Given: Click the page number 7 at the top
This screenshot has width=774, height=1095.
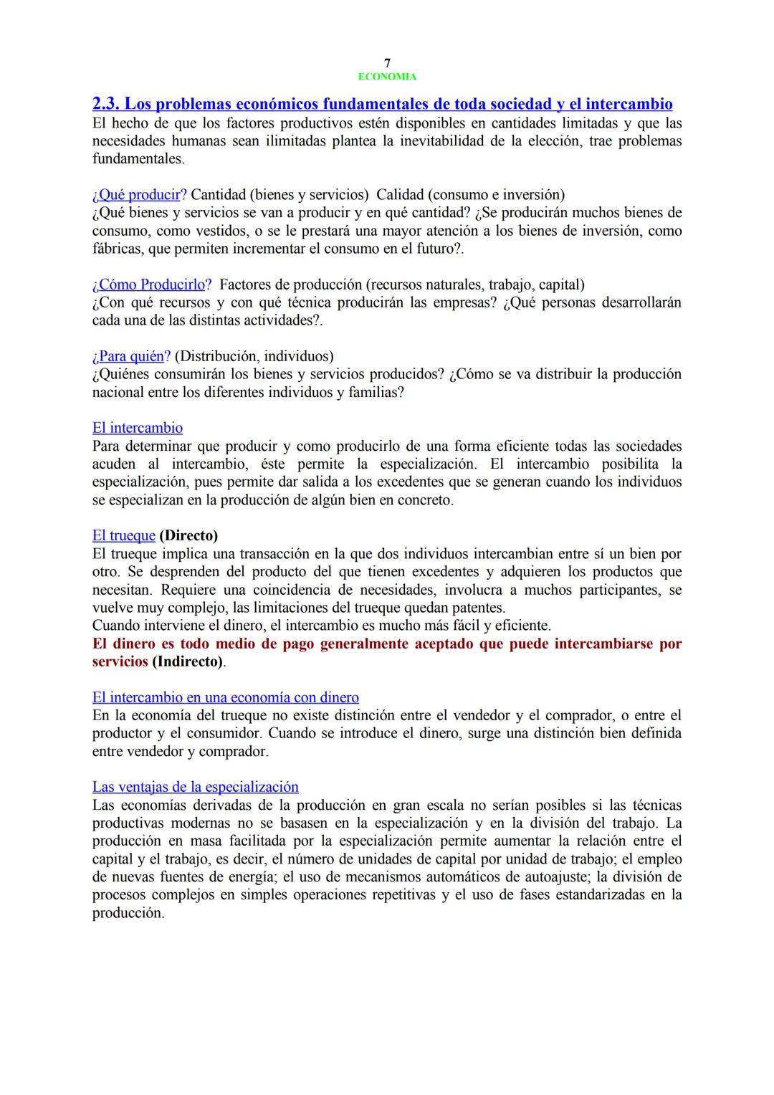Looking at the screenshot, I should [x=387, y=63].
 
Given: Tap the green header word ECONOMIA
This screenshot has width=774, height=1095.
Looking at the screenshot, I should [x=387, y=77].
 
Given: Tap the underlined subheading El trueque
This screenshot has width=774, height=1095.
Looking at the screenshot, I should [x=123, y=536].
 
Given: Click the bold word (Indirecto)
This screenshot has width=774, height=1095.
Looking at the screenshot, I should [x=187, y=661].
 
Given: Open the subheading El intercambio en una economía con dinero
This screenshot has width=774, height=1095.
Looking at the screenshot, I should [x=226, y=697].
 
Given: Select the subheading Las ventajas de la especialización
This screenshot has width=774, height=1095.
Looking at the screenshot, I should [x=195, y=787].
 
